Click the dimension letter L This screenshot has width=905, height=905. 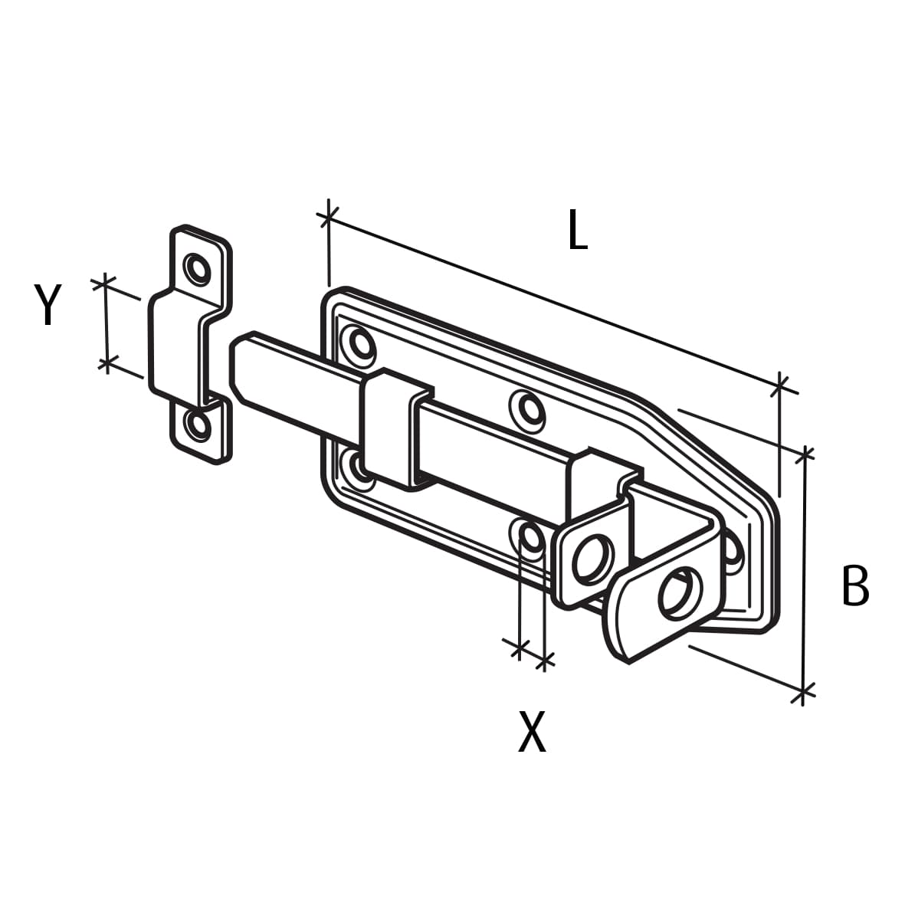(577, 231)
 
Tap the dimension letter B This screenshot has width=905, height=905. (854, 585)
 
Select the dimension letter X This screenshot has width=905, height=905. (532, 732)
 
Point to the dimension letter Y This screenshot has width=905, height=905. (48, 303)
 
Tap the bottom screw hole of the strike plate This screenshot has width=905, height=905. (198, 425)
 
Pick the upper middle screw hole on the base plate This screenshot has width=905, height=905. (527, 408)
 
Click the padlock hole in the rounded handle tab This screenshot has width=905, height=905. (678, 592)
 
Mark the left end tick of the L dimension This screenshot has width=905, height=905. (328, 218)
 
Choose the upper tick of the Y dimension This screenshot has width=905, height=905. (105, 284)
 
